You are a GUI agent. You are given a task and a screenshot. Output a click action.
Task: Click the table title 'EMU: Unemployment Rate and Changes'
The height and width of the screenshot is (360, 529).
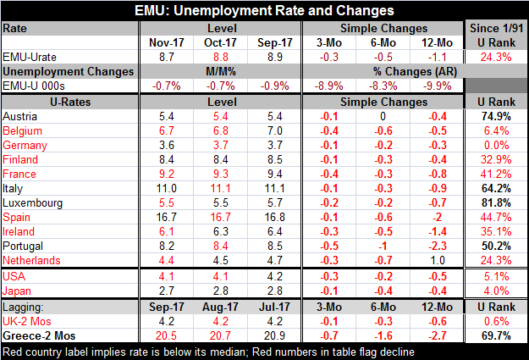click(264, 10)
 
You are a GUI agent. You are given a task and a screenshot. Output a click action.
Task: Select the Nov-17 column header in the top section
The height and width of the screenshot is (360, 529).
click(167, 43)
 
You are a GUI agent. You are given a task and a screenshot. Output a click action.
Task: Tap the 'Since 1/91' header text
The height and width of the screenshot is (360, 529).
click(496, 28)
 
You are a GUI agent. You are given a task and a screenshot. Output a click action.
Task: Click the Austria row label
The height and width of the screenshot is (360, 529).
click(19, 117)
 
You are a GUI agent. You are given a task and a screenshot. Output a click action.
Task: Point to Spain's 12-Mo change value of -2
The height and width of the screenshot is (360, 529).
click(438, 217)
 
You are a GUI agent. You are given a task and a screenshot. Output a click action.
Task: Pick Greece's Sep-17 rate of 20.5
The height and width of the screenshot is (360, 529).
click(167, 336)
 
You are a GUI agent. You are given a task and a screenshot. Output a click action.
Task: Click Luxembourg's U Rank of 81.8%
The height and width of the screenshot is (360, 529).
click(496, 203)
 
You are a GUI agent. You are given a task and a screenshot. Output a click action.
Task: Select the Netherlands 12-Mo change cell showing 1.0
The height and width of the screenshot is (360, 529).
click(438, 260)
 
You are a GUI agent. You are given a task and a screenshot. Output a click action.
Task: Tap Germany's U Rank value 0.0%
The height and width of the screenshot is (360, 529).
click(496, 145)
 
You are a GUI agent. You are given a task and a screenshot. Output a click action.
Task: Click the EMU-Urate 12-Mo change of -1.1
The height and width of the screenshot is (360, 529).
click(438, 57)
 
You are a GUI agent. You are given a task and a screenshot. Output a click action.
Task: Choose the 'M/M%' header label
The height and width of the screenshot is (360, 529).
click(221, 72)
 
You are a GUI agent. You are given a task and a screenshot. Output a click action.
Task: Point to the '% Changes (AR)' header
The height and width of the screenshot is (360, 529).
click(415, 72)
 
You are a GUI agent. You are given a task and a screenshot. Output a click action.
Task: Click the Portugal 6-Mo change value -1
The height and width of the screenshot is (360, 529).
click(383, 246)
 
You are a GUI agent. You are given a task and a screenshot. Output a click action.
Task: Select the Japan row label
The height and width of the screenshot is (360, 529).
click(17, 291)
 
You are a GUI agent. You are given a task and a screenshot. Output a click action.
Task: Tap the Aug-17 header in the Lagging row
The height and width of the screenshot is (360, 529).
click(220, 307)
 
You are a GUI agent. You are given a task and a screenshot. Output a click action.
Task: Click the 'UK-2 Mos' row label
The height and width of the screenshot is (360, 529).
click(27, 322)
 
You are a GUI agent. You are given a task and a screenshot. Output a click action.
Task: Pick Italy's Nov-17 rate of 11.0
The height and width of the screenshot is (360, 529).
click(167, 188)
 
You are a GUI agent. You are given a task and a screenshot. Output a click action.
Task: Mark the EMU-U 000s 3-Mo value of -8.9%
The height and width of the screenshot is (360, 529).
click(329, 86)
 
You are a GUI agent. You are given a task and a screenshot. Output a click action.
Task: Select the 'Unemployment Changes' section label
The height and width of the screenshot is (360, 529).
click(69, 72)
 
